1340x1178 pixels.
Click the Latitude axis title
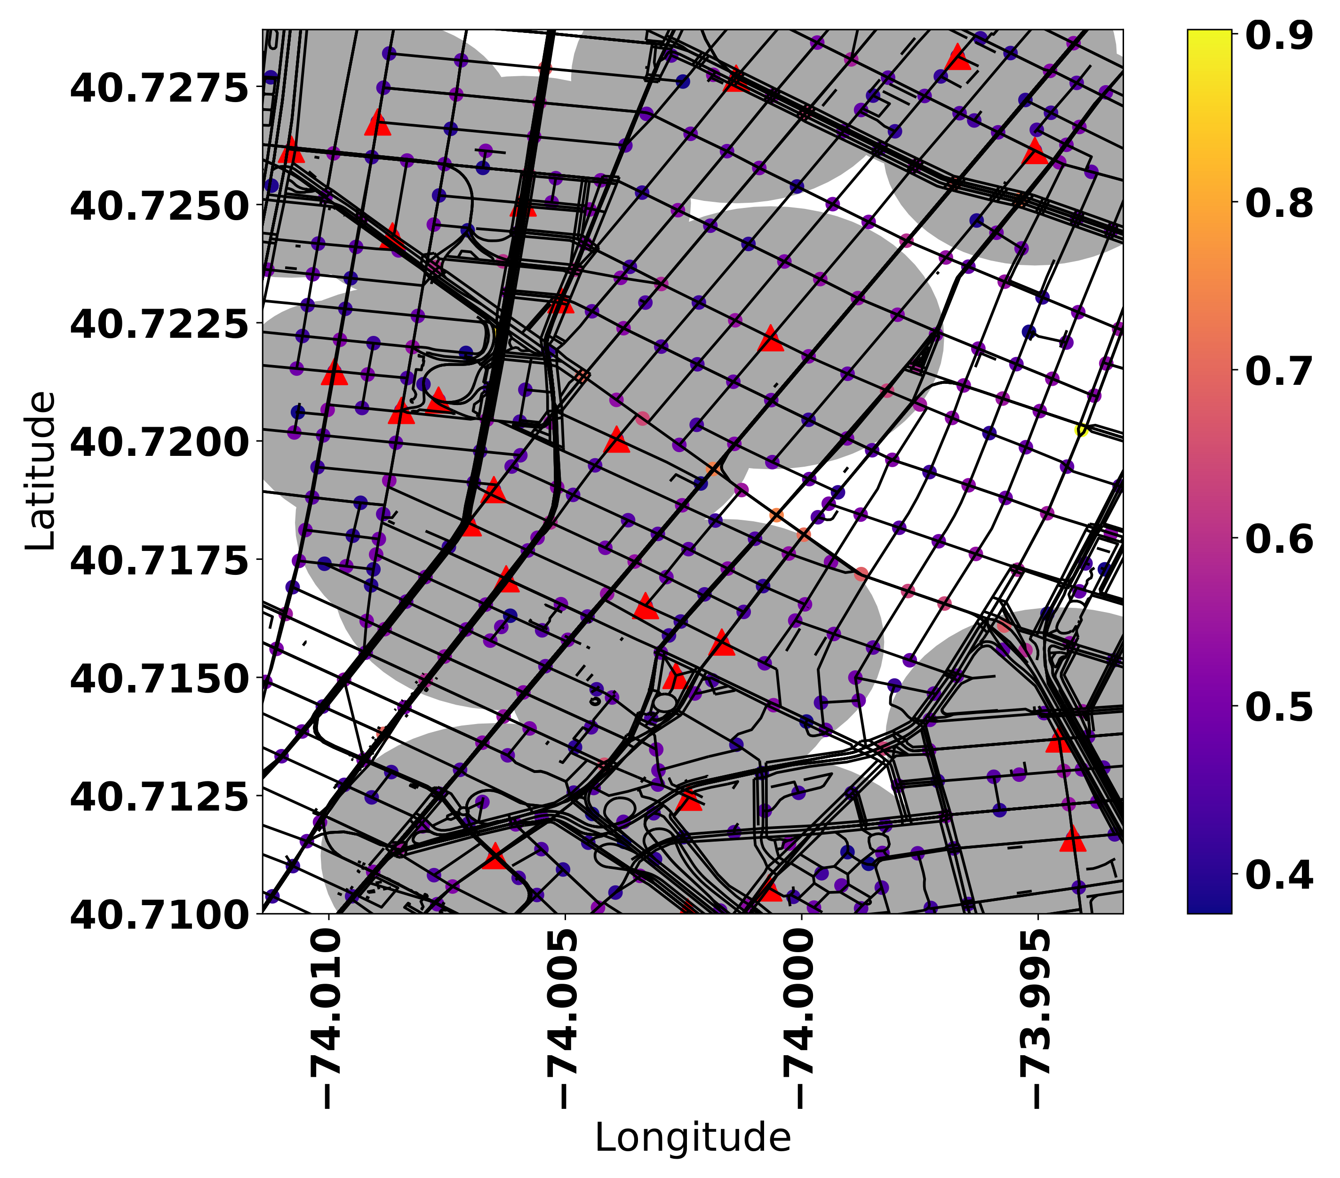(x=40, y=470)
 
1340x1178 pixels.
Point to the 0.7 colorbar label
(x=1278, y=371)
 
